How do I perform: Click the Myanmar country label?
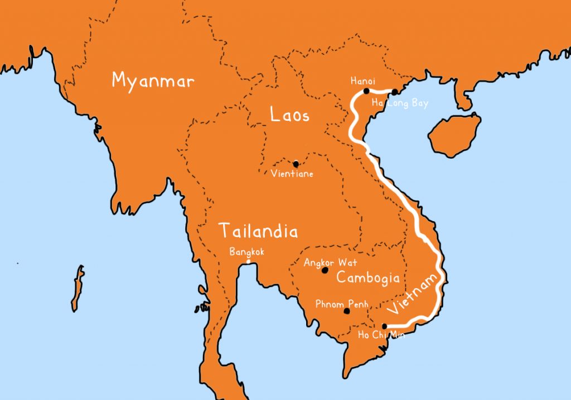coord(153,80)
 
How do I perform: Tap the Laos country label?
coord(289,116)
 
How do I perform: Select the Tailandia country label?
coord(258,231)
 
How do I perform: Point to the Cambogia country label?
coord(368,278)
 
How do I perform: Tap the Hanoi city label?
coord(362,81)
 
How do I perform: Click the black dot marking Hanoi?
coord(366,91)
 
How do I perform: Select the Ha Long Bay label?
coord(400,104)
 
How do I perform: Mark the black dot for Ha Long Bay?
coord(395,92)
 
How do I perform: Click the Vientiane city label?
coord(292,174)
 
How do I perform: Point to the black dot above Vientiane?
coord(296,164)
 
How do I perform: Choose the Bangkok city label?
coord(246,252)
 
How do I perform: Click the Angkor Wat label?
coord(330,263)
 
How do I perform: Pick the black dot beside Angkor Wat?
coord(325,270)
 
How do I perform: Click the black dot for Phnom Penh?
coord(346,312)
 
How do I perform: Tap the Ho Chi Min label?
coord(381,335)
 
